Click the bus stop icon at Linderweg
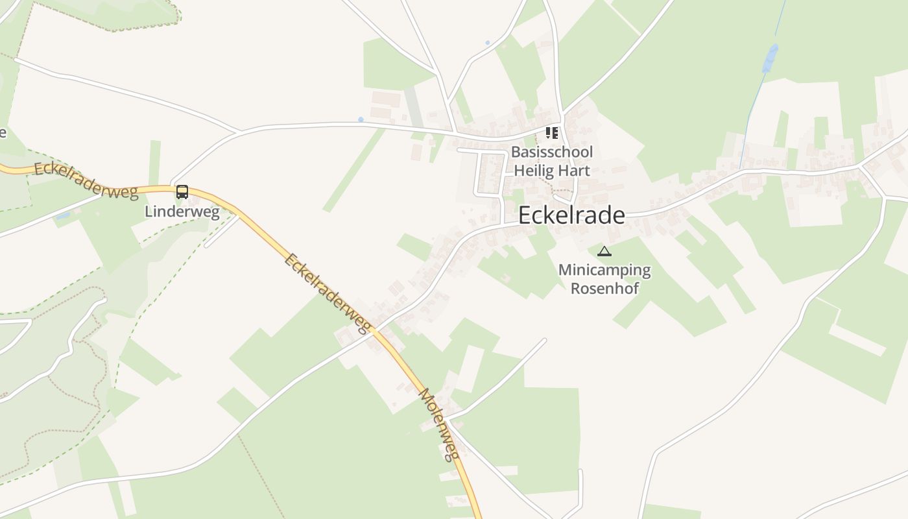[182, 191]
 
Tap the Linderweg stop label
[182, 211]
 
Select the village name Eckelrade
[571, 215]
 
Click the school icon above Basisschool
[552, 133]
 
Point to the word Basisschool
[551, 152]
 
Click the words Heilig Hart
[551, 171]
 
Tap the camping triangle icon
[604, 252]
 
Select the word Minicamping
[604, 270]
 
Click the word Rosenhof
[604, 288]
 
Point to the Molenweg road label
[439, 424]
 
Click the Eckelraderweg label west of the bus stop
[86, 180]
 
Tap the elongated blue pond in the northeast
[770, 59]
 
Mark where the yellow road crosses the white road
[375, 331]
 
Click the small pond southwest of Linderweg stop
[63, 215]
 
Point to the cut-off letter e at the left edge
[3, 133]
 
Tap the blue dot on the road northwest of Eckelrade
[361, 119]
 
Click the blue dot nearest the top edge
[488, 43]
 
